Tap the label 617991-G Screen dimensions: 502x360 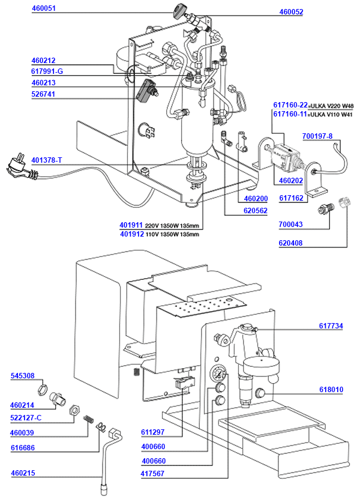point(47,71)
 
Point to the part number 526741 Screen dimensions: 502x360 point(43,94)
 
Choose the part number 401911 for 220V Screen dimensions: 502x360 point(131,226)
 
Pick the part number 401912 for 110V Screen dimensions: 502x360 point(131,234)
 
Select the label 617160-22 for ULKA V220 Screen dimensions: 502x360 point(290,105)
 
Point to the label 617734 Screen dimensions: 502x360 point(331,326)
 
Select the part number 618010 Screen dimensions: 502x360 point(331,390)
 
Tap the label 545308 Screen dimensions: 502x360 point(23,376)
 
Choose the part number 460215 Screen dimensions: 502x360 point(23,473)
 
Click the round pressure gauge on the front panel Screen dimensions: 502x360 point(219,376)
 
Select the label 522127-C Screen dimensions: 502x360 point(26,417)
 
